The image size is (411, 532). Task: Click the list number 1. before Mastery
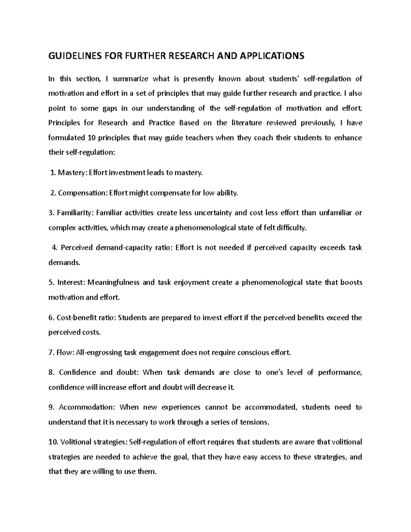[53, 173]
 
